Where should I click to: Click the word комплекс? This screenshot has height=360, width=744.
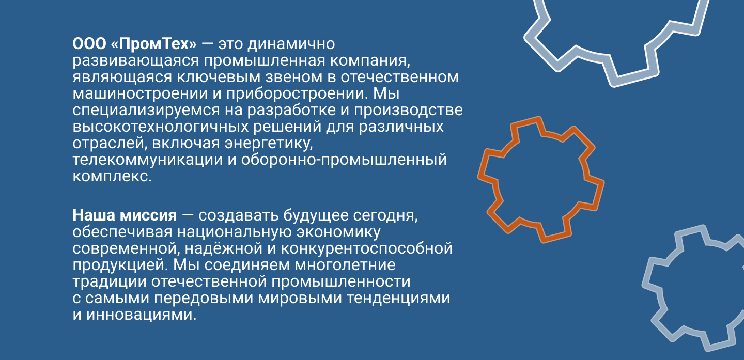pos(112,176)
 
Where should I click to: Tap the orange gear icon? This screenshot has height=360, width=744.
pos(540,180)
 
